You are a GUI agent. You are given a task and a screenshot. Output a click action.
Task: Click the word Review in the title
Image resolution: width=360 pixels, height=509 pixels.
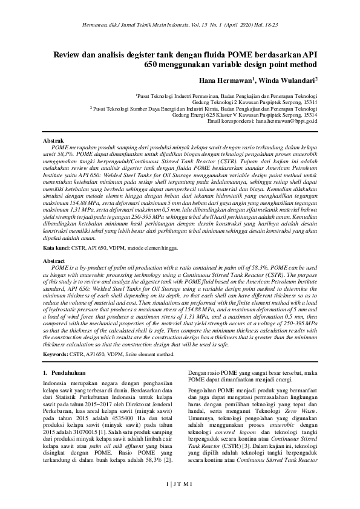[68, 54]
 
